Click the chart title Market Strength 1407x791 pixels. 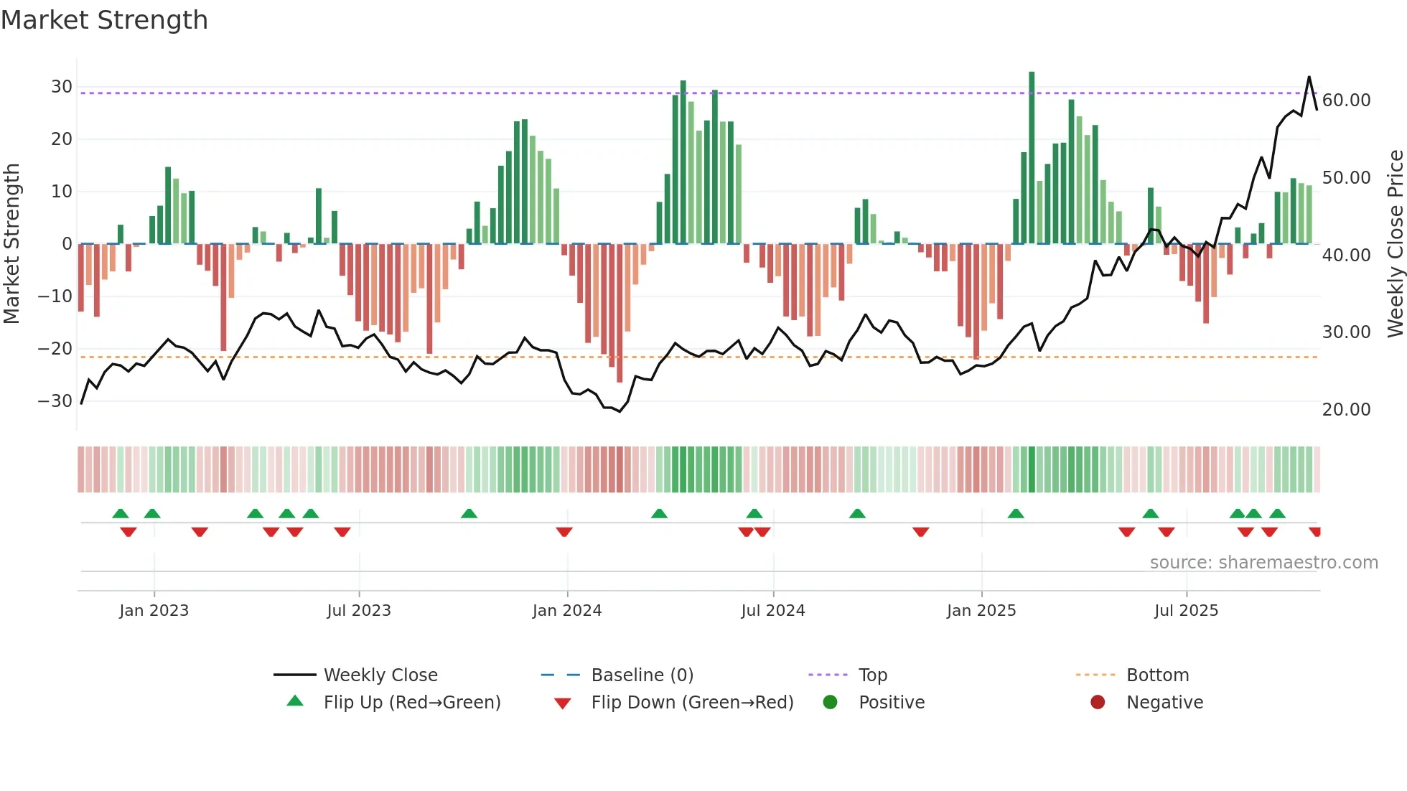tap(104, 20)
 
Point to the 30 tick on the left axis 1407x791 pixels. tap(62, 87)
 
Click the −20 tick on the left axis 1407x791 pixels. tap(55, 349)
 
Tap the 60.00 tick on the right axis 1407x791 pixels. tap(1346, 100)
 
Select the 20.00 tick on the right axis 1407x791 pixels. tap(1346, 410)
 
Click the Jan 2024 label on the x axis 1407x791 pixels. tap(566, 611)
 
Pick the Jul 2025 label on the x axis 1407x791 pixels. tap(1186, 611)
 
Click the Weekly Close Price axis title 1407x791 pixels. tap(1395, 244)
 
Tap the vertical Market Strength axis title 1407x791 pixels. tap(11, 244)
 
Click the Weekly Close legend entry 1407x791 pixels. tap(380, 675)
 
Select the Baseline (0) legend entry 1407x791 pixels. tap(642, 675)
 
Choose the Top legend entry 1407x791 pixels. tap(872, 675)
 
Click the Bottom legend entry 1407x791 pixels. tap(1157, 675)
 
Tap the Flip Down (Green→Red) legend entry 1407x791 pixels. tap(692, 703)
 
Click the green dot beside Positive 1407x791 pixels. tap(830, 703)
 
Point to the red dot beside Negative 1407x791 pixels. tap(1098, 703)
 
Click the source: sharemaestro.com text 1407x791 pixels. tap(1263, 563)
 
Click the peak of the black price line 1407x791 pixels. tap(1309, 77)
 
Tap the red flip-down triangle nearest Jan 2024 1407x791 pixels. tap(564, 532)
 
